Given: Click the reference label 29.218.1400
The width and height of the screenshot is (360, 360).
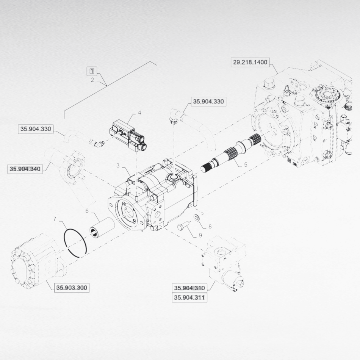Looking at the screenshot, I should [250, 62].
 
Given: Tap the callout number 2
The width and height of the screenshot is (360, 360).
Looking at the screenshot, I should [92, 80].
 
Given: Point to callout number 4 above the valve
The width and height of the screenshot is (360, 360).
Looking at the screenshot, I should [139, 113].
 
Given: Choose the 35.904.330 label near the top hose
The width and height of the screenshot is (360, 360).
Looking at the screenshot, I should [208, 101].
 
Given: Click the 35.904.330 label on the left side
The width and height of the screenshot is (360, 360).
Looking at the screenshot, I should [35, 129].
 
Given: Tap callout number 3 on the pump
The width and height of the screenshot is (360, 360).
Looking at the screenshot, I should [118, 166].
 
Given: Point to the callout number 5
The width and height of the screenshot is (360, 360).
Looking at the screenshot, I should [245, 165].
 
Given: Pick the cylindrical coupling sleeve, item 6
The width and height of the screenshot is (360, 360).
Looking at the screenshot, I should [102, 228].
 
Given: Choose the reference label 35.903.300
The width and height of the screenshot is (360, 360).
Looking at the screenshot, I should [72, 288].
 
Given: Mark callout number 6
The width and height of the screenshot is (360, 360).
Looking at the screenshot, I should [86, 211].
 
